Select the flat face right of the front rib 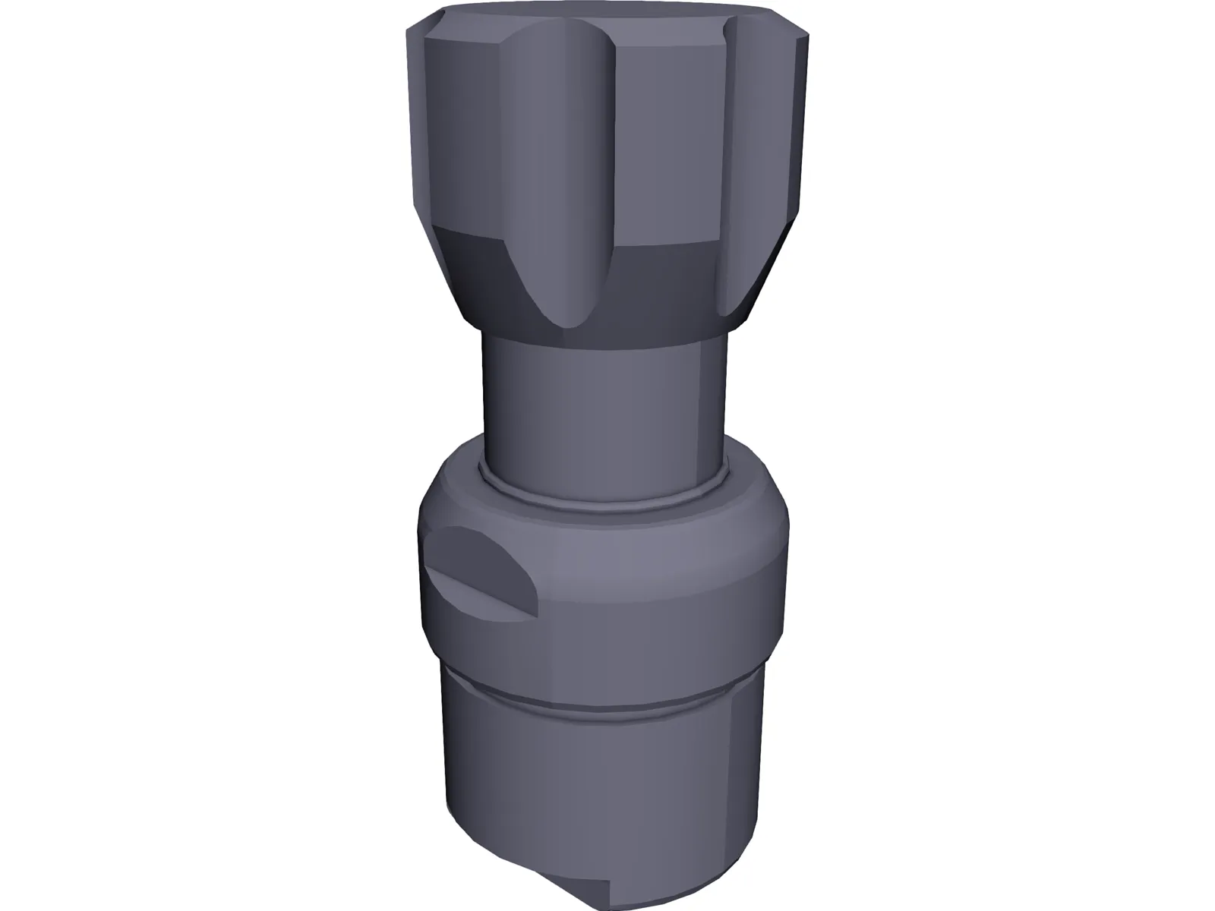[668, 137]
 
